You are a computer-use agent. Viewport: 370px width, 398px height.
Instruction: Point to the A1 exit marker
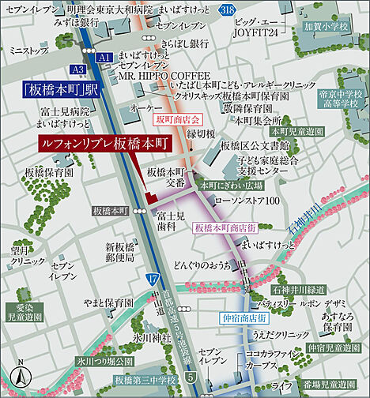(104, 58)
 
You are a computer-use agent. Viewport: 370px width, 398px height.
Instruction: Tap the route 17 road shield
(153, 278)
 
